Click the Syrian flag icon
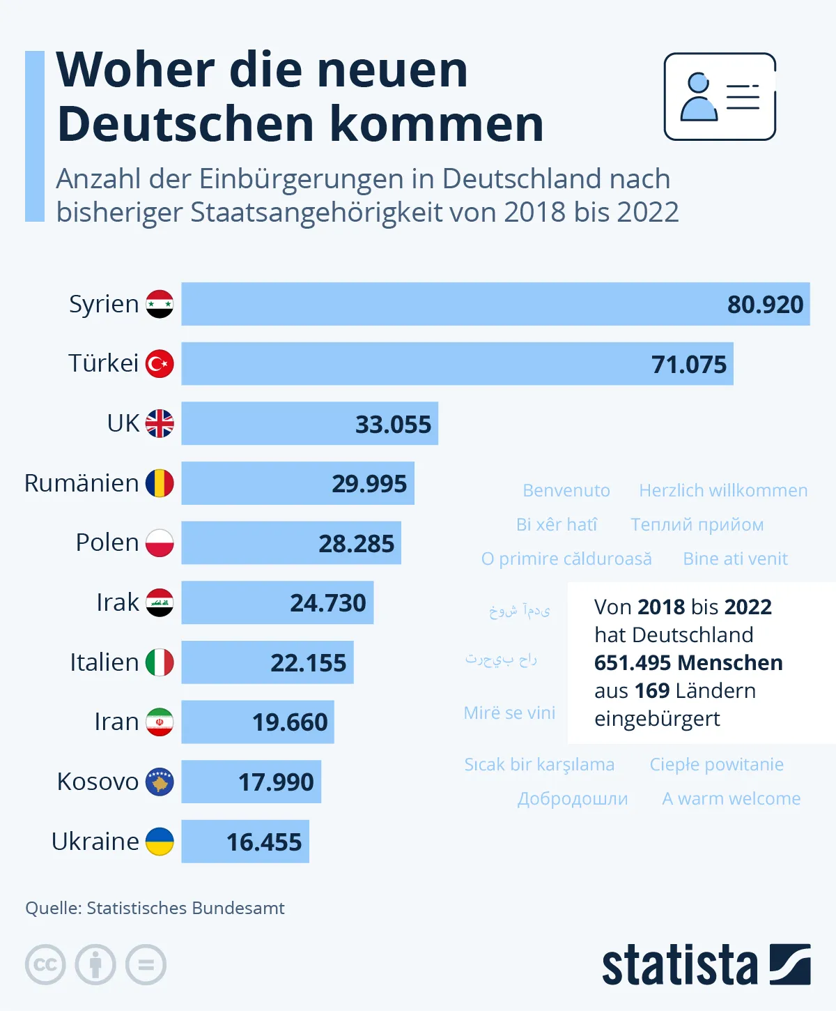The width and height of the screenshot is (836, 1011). [x=160, y=304]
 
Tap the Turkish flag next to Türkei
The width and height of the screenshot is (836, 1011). [x=160, y=364]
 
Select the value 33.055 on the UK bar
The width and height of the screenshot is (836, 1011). [x=393, y=424]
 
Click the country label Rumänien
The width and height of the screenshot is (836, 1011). [x=82, y=483]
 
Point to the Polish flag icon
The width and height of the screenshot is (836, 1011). [x=160, y=543]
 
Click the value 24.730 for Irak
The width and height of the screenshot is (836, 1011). [x=327, y=603]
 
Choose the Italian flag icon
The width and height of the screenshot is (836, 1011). [x=160, y=662]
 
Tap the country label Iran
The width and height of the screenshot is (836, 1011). [x=116, y=722]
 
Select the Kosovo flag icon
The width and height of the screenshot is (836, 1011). [x=160, y=782]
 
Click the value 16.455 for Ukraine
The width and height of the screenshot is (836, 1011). [x=264, y=842]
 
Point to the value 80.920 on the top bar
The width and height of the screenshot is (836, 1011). [x=765, y=305]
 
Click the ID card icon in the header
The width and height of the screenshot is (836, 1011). [x=720, y=97]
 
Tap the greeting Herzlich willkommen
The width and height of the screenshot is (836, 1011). [x=723, y=491]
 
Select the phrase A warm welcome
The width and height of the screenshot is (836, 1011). [x=731, y=799]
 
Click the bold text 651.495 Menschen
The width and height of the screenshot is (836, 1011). [x=688, y=662]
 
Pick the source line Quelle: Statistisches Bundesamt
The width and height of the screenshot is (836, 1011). [x=155, y=908]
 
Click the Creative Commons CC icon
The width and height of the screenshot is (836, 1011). [x=45, y=965]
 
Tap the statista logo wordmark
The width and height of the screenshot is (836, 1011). [x=679, y=966]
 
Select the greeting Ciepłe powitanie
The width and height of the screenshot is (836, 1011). [x=716, y=765]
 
